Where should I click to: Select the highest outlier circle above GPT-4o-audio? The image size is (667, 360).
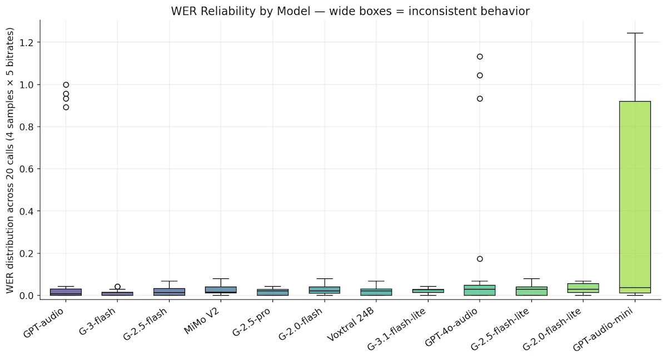(x=480, y=57)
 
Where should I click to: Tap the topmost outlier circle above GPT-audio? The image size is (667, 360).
(x=66, y=85)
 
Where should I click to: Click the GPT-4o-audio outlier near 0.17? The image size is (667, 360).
(x=480, y=259)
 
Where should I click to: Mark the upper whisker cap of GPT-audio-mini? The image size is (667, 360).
(x=634, y=33)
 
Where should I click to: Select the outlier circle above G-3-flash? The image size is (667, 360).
(x=117, y=287)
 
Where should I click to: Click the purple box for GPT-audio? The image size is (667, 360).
(x=66, y=292)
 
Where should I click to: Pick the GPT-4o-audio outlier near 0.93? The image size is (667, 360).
(x=480, y=99)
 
